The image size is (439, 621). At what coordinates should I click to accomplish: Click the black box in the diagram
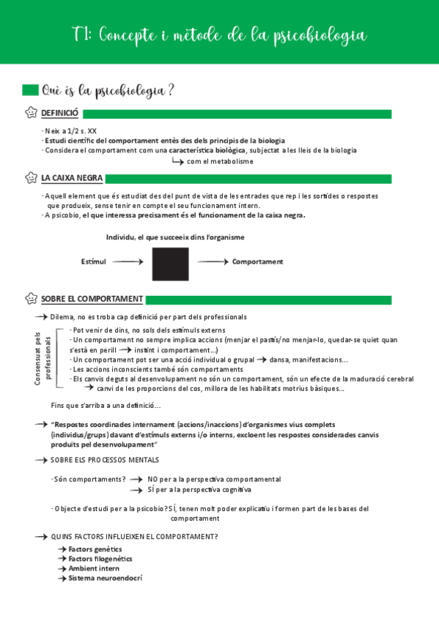(170, 264)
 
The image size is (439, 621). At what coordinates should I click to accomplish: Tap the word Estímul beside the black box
(93, 261)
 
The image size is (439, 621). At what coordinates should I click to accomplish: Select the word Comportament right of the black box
(257, 261)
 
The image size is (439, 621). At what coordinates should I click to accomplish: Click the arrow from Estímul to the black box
(129, 261)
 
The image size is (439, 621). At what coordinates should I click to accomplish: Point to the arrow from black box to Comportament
(213, 261)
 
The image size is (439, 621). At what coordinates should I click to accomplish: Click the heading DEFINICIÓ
(59, 114)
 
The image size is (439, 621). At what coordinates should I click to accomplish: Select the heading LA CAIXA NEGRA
(72, 178)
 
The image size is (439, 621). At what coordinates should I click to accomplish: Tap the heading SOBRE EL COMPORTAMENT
(92, 299)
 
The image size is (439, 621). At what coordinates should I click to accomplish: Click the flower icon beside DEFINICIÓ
(31, 114)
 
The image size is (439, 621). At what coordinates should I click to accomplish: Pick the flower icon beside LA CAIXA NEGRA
(31, 178)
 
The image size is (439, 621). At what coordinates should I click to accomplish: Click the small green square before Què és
(30, 90)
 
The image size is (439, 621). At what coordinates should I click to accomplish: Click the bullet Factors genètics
(95, 549)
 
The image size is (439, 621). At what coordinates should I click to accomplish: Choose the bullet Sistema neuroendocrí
(105, 578)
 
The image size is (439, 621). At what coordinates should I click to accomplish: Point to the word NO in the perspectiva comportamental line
(152, 479)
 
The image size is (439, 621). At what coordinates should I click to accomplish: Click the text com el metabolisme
(220, 161)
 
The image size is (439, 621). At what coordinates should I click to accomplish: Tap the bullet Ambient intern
(94, 568)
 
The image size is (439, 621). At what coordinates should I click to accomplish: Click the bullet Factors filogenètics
(100, 559)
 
